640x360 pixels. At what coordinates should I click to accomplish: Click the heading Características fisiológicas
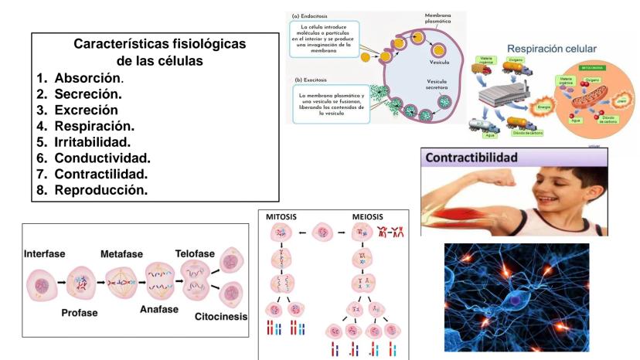159,45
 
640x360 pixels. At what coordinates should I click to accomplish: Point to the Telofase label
193,254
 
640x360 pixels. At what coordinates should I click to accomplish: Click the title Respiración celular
552,49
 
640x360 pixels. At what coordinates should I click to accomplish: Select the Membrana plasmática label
438,19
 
